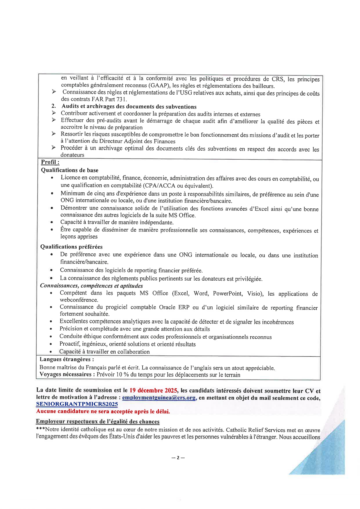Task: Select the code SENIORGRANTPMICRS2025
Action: (77, 404)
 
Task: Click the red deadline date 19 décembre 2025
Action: (153, 390)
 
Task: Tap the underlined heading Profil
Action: (50, 162)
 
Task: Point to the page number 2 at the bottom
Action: (178, 458)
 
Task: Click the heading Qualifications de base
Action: (70, 170)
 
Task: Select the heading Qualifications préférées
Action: (71, 247)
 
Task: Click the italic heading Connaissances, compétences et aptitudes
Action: (91, 286)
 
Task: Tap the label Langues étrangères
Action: (67, 360)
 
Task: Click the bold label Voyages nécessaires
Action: (67, 374)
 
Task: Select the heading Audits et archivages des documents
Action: (129, 107)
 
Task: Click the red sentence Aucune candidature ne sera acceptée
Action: (103, 411)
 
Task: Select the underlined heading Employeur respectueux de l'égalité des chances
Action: (98, 422)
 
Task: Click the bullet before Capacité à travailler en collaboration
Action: (51, 352)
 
